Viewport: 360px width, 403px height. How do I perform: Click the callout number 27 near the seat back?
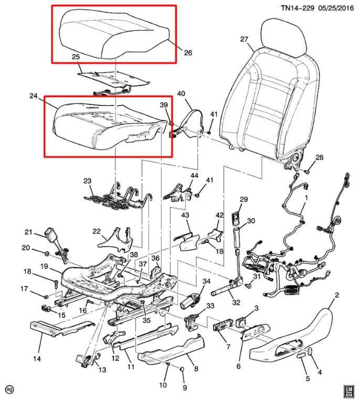coord(243,39)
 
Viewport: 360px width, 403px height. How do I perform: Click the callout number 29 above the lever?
coord(243,199)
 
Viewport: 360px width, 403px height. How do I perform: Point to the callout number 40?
coord(181,94)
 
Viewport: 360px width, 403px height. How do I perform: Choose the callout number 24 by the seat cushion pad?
coord(34,96)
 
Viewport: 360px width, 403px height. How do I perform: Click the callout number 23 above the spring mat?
coord(87,181)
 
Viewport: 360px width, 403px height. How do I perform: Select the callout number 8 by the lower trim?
coord(196,369)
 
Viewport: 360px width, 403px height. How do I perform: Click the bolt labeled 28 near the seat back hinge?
coord(308,169)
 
